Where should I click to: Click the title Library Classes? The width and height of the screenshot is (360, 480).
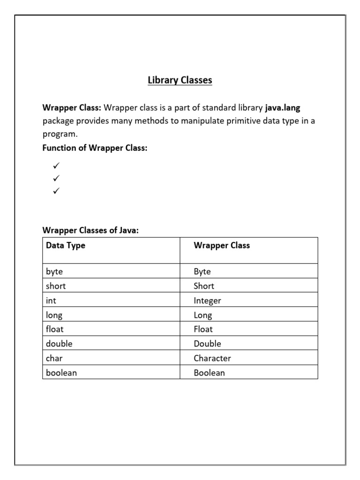click(x=180, y=80)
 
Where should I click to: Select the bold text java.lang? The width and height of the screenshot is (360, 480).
click(x=283, y=107)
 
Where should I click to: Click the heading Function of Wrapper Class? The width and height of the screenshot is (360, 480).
click(x=95, y=148)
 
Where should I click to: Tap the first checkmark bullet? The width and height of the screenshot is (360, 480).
click(x=56, y=165)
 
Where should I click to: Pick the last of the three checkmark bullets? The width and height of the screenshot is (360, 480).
click(x=56, y=191)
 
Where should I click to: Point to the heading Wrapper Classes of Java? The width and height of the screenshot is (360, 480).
click(x=90, y=230)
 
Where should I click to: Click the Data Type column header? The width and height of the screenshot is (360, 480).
click(x=66, y=245)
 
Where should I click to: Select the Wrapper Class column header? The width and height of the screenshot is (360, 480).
click(x=222, y=245)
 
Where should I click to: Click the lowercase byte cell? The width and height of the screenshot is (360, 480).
click(x=54, y=271)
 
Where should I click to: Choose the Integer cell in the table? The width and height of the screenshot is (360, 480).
click(x=207, y=300)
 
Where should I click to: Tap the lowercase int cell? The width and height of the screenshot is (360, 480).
click(x=51, y=300)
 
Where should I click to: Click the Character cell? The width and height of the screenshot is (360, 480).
click(x=212, y=358)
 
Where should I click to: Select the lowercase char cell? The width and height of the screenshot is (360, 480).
click(x=54, y=358)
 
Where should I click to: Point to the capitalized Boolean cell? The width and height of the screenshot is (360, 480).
click(x=209, y=373)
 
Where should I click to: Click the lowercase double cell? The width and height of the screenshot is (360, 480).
click(x=59, y=344)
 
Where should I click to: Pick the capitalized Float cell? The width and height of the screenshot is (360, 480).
click(x=203, y=329)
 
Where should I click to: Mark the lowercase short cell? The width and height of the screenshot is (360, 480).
click(x=56, y=286)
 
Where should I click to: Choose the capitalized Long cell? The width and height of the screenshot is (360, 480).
click(x=203, y=315)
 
